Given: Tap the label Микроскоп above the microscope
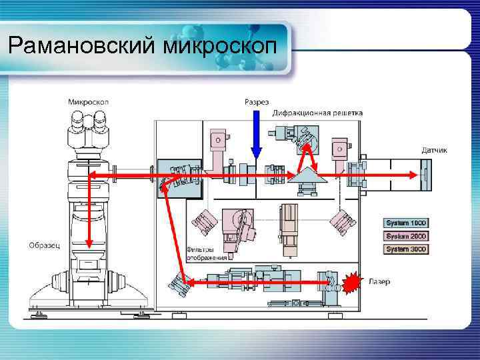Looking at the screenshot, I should coord(89,102).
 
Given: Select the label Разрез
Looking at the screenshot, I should coord(257,102).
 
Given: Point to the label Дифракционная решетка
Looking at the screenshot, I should coord(318,113).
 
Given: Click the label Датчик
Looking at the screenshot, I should coord(434,150).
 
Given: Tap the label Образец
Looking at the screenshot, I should coord(45,245).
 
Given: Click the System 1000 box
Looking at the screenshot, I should coord(406,223).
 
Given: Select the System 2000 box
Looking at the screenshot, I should coord(406,236).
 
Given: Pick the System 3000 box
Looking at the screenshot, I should coord(406,249).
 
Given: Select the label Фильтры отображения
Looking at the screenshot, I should coord(207,253).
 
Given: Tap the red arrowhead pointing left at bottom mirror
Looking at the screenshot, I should coord(190,283).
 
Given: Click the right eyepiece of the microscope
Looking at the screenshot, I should coord(101,121).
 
